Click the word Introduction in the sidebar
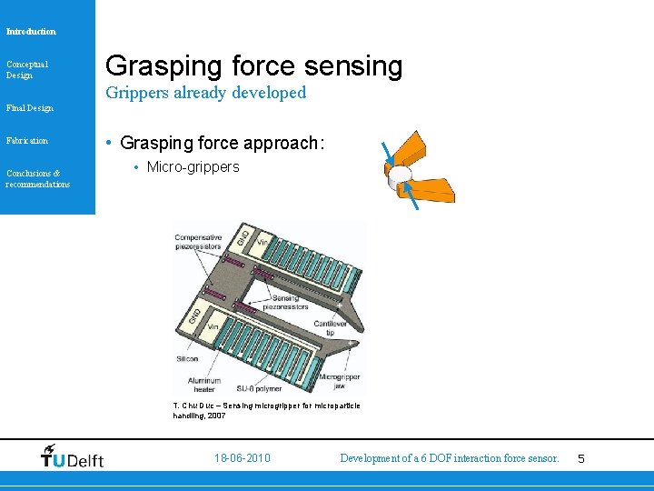31,32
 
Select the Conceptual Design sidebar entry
26,69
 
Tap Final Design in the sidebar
29,108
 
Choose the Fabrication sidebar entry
26,141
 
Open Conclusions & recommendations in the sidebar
37,178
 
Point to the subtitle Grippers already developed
205,93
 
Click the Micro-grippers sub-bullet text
193,167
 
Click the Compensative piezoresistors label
199,243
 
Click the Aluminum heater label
201,383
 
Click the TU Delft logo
72,457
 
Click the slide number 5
581,459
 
